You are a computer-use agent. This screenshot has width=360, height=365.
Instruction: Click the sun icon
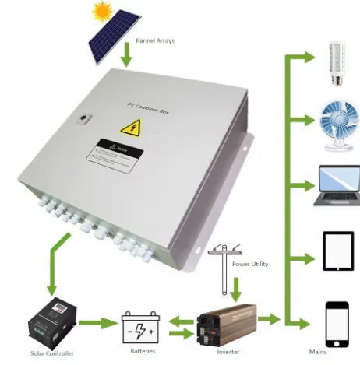(101, 11)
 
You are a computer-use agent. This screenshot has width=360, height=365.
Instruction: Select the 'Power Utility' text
(249, 265)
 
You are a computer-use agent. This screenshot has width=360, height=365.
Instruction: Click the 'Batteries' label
(143, 351)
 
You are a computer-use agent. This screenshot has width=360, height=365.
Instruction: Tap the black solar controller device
(51, 320)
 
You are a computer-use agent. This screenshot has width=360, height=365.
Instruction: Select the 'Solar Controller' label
(49, 354)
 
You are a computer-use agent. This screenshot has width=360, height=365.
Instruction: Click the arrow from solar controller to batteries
(97, 322)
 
